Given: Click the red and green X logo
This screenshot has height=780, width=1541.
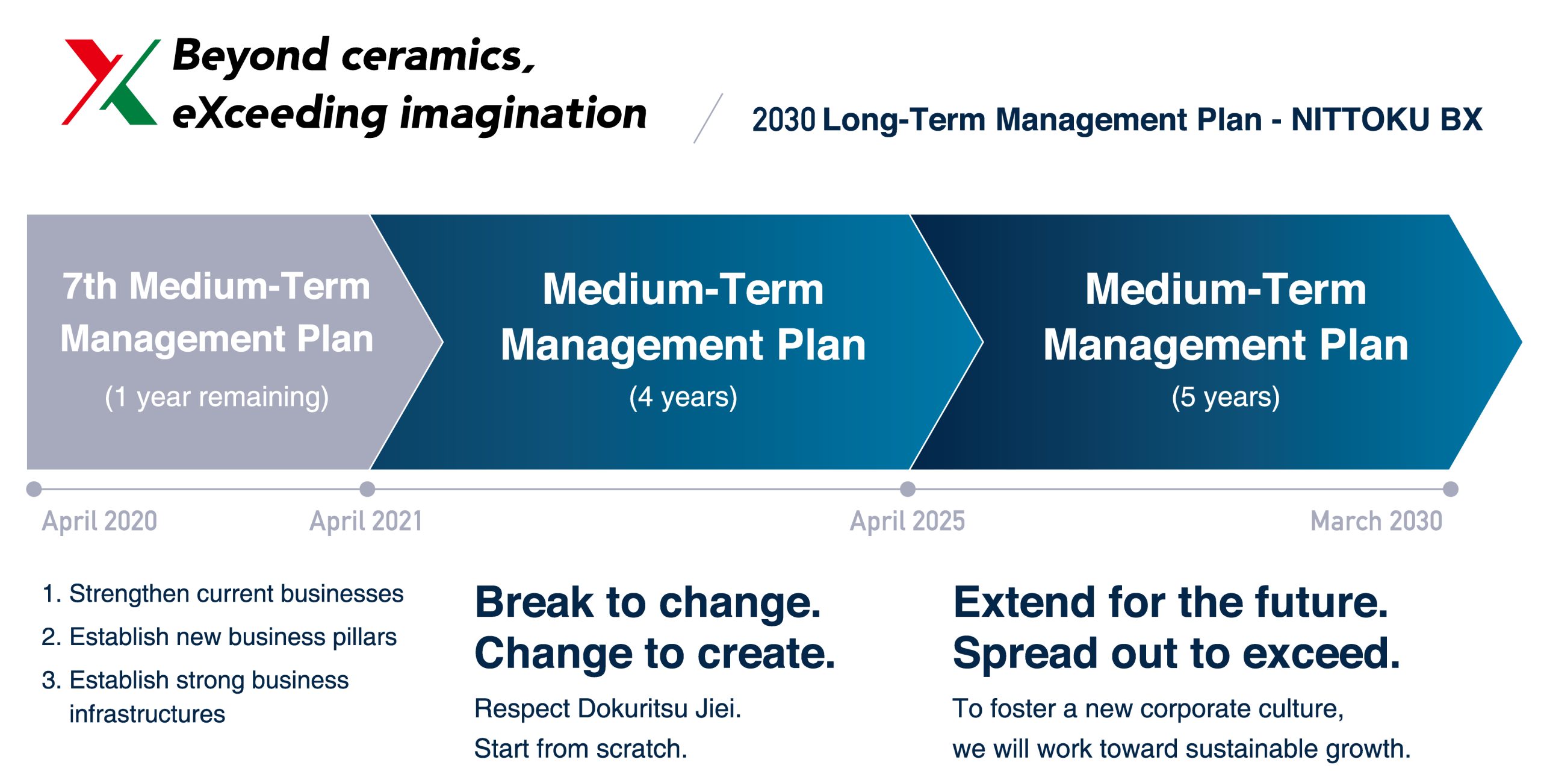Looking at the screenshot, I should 110,82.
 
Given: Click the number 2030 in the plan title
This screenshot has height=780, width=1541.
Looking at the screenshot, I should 783,120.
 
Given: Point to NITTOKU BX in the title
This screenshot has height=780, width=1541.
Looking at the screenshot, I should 1386,119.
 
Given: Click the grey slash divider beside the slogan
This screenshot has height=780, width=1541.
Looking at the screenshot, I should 708,118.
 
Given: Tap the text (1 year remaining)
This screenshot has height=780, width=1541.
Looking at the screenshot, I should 217,397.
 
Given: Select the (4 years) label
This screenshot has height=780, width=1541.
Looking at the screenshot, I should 683,397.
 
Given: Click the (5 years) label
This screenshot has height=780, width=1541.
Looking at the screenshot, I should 1226,397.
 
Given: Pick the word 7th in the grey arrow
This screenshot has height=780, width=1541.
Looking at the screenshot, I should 90,286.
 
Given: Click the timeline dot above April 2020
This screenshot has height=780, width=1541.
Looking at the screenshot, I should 34,489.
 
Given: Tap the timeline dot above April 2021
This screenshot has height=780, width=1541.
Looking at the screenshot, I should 367,489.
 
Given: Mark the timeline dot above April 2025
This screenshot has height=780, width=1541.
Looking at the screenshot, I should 908,489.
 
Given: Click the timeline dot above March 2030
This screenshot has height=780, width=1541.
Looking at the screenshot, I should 1451,489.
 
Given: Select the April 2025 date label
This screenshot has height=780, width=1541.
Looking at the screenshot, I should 907,521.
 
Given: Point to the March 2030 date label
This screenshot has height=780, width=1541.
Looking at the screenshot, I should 1376,521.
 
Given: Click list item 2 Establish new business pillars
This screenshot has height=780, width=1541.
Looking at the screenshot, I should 220,637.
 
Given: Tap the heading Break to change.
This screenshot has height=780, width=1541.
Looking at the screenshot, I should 648,602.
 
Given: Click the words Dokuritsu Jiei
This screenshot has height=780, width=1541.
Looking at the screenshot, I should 659,708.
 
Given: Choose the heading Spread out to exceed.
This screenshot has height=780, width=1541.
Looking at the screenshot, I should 1176,654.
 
